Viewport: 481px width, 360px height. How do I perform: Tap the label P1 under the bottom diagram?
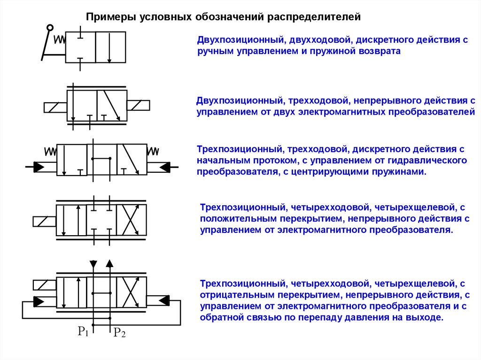83,332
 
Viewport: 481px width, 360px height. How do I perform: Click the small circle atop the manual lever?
50,28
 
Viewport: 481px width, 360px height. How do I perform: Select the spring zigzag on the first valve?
60,39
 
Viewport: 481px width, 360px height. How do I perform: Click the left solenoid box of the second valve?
55,107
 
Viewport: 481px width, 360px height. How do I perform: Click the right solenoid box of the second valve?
138,105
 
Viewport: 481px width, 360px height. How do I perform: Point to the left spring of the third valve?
50,152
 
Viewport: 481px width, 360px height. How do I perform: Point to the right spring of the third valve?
153,151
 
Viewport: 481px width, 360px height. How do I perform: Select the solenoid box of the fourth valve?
44,221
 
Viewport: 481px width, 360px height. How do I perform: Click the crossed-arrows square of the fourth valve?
131,220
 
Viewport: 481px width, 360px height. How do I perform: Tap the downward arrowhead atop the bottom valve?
93,264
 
